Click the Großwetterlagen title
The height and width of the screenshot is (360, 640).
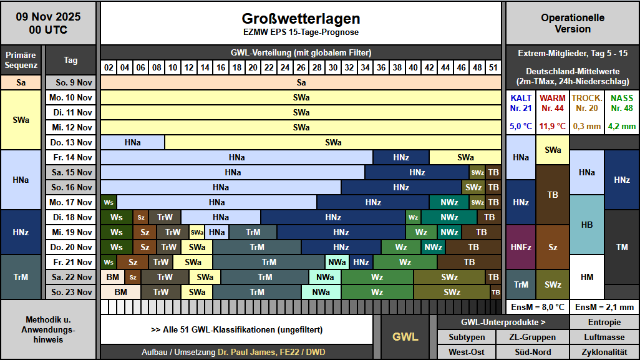(301, 19)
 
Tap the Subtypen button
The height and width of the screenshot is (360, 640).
(467, 337)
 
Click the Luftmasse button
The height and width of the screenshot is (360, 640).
(604, 337)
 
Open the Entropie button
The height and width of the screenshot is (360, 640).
(604, 322)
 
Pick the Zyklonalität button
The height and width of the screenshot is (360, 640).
(604, 352)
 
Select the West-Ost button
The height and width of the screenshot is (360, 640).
(467, 352)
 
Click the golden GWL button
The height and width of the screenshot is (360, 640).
(405, 337)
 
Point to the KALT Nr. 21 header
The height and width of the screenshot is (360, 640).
(521, 103)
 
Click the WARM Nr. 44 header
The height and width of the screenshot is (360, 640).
(553, 103)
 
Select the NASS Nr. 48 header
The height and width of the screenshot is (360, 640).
(621, 103)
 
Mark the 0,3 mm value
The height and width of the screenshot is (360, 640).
(587, 126)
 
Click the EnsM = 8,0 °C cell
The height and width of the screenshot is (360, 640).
(537, 307)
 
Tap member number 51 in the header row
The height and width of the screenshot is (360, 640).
(493, 67)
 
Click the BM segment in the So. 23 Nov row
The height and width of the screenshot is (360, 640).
(120, 292)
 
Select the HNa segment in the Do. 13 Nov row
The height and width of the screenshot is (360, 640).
(132, 142)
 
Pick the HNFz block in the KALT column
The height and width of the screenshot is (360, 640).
(521, 247)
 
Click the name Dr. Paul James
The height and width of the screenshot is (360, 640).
(246, 353)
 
